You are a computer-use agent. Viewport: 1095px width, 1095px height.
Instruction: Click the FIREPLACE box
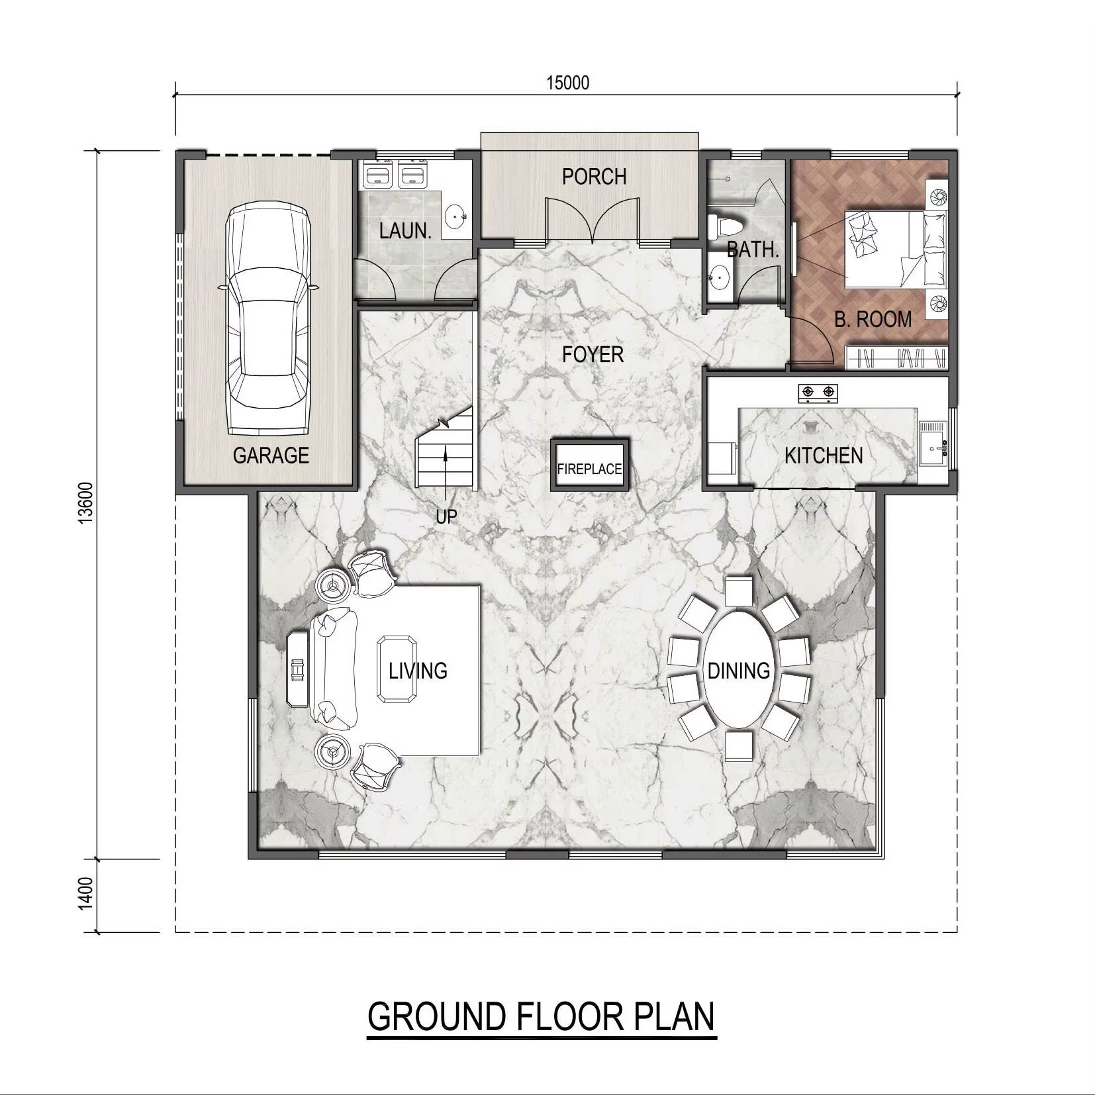pyautogui.click(x=589, y=464)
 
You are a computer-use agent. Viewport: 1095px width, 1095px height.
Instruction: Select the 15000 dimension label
pyautogui.click(x=567, y=83)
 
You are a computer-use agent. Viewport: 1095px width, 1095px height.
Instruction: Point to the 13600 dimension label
pyautogui.click(x=85, y=503)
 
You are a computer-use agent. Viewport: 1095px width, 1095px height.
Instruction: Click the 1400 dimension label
pyautogui.click(x=85, y=894)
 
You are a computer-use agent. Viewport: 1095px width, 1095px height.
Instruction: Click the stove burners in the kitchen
pyautogui.click(x=818, y=393)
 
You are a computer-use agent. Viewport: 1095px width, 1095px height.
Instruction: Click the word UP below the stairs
pyautogui.click(x=446, y=516)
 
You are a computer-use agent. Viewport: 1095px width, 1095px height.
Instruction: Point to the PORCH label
pyautogui.click(x=594, y=177)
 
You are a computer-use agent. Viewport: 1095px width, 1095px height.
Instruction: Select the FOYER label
pyautogui.click(x=593, y=355)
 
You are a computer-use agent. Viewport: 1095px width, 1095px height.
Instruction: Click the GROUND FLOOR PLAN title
pyautogui.click(x=542, y=1017)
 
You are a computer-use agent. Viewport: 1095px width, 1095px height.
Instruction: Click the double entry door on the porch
pyautogui.click(x=593, y=218)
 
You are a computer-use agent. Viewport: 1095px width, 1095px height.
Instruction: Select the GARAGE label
pyautogui.click(x=271, y=455)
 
